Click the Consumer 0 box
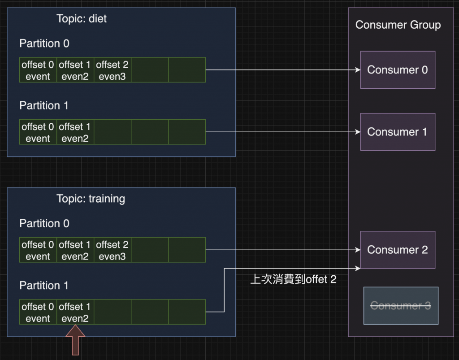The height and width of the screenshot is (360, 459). [398, 70]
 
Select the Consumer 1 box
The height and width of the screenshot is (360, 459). [398, 132]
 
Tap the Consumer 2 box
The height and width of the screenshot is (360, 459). [398, 250]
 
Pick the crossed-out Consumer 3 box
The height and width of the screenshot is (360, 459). [400, 306]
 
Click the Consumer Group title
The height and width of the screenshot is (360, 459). [398, 25]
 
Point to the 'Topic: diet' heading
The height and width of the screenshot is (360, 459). [82, 19]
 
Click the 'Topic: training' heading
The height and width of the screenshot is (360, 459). [91, 199]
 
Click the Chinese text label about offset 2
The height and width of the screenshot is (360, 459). [293, 280]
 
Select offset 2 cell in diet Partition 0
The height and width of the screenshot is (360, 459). [113, 70]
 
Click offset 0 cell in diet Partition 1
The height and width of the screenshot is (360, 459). [38, 132]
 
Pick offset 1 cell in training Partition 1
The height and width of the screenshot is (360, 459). [75, 312]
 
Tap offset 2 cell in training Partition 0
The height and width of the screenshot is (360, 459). [113, 250]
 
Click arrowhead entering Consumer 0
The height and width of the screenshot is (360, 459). [358, 70]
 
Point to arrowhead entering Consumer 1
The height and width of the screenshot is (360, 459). [358, 132]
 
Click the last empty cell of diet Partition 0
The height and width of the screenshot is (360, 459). [187, 70]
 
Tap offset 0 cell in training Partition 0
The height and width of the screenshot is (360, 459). [38, 250]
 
